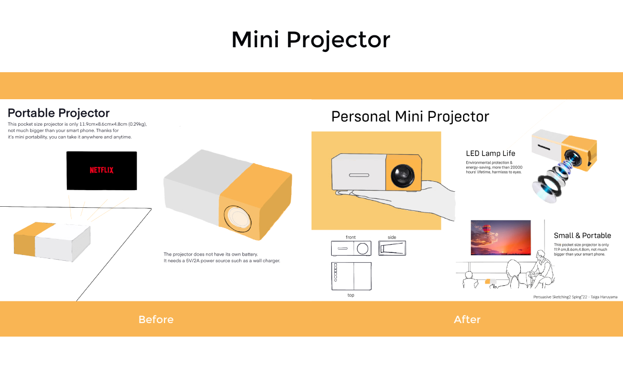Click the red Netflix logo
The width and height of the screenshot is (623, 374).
click(x=102, y=170)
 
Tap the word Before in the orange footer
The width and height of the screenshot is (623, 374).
click(x=156, y=319)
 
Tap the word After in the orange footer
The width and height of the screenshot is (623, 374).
click(x=467, y=319)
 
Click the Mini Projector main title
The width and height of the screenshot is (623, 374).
click(x=311, y=40)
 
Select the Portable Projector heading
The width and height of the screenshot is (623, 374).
click(x=59, y=113)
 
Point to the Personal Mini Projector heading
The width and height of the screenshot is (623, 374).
click(x=410, y=116)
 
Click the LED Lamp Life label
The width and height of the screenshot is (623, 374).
click(x=491, y=153)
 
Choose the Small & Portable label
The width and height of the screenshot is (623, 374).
click(x=583, y=235)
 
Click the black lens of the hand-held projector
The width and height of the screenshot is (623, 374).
click(x=403, y=176)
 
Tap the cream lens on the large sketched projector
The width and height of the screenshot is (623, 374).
click(x=238, y=219)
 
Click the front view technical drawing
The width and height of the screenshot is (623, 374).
click(x=351, y=248)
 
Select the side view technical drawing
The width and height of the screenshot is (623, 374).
click(x=392, y=248)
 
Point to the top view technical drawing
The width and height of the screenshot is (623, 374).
click(x=351, y=276)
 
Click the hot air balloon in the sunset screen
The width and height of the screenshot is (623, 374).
click(x=486, y=229)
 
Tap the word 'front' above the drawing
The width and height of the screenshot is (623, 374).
click(x=351, y=237)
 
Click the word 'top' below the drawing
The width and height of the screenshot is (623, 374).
click(x=351, y=295)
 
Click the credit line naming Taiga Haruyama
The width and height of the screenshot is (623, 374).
click(x=575, y=297)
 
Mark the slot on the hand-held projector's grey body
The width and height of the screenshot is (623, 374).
click(x=359, y=175)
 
